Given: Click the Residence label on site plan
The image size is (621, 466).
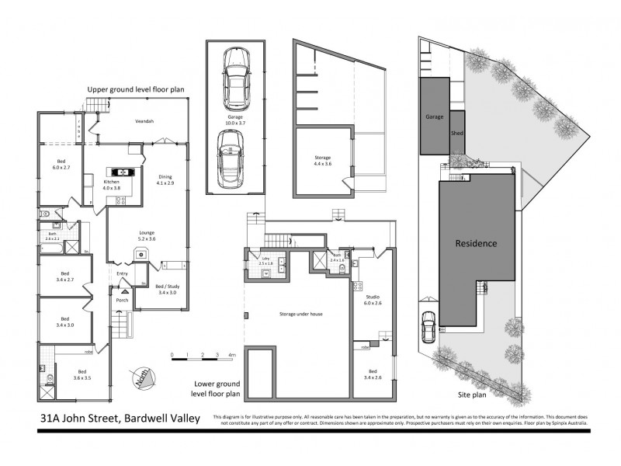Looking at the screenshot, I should (x=476, y=243).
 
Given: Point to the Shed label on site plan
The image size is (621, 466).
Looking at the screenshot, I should (x=457, y=133).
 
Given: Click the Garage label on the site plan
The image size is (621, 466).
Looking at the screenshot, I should (x=434, y=116).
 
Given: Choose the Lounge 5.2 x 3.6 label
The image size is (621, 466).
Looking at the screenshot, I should (x=147, y=235).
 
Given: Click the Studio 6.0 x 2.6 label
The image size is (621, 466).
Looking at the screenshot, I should (x=373, y=301).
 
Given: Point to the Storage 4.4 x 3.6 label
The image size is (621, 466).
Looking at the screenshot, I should (x=322, y=161).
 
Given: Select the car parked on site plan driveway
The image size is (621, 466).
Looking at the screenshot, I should (x=428, y=327).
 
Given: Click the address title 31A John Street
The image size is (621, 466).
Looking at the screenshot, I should (x=120, y=419).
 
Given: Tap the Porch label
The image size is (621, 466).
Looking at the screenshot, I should (x=122, y=300).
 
